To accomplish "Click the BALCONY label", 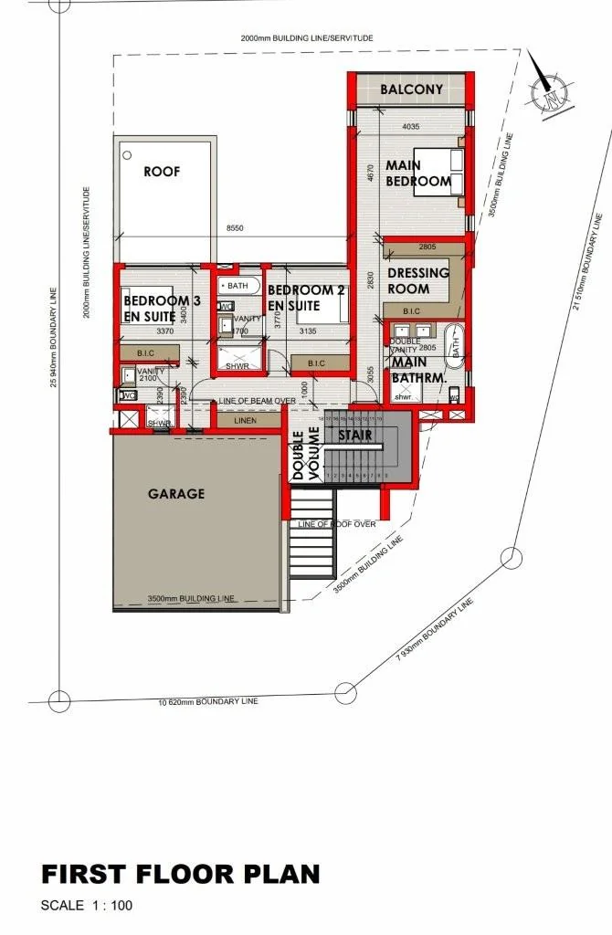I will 411,89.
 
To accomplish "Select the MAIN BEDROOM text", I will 417,173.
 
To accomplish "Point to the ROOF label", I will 162,171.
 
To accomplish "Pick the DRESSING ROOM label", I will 418,279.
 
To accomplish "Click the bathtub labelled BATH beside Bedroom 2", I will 239,286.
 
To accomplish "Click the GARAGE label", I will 176,494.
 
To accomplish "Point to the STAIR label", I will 354,435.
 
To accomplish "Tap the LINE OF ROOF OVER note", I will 337,524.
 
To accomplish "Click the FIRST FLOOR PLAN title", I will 181,874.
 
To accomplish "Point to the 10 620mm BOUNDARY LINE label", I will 208,701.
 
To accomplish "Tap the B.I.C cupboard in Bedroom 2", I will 316,363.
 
